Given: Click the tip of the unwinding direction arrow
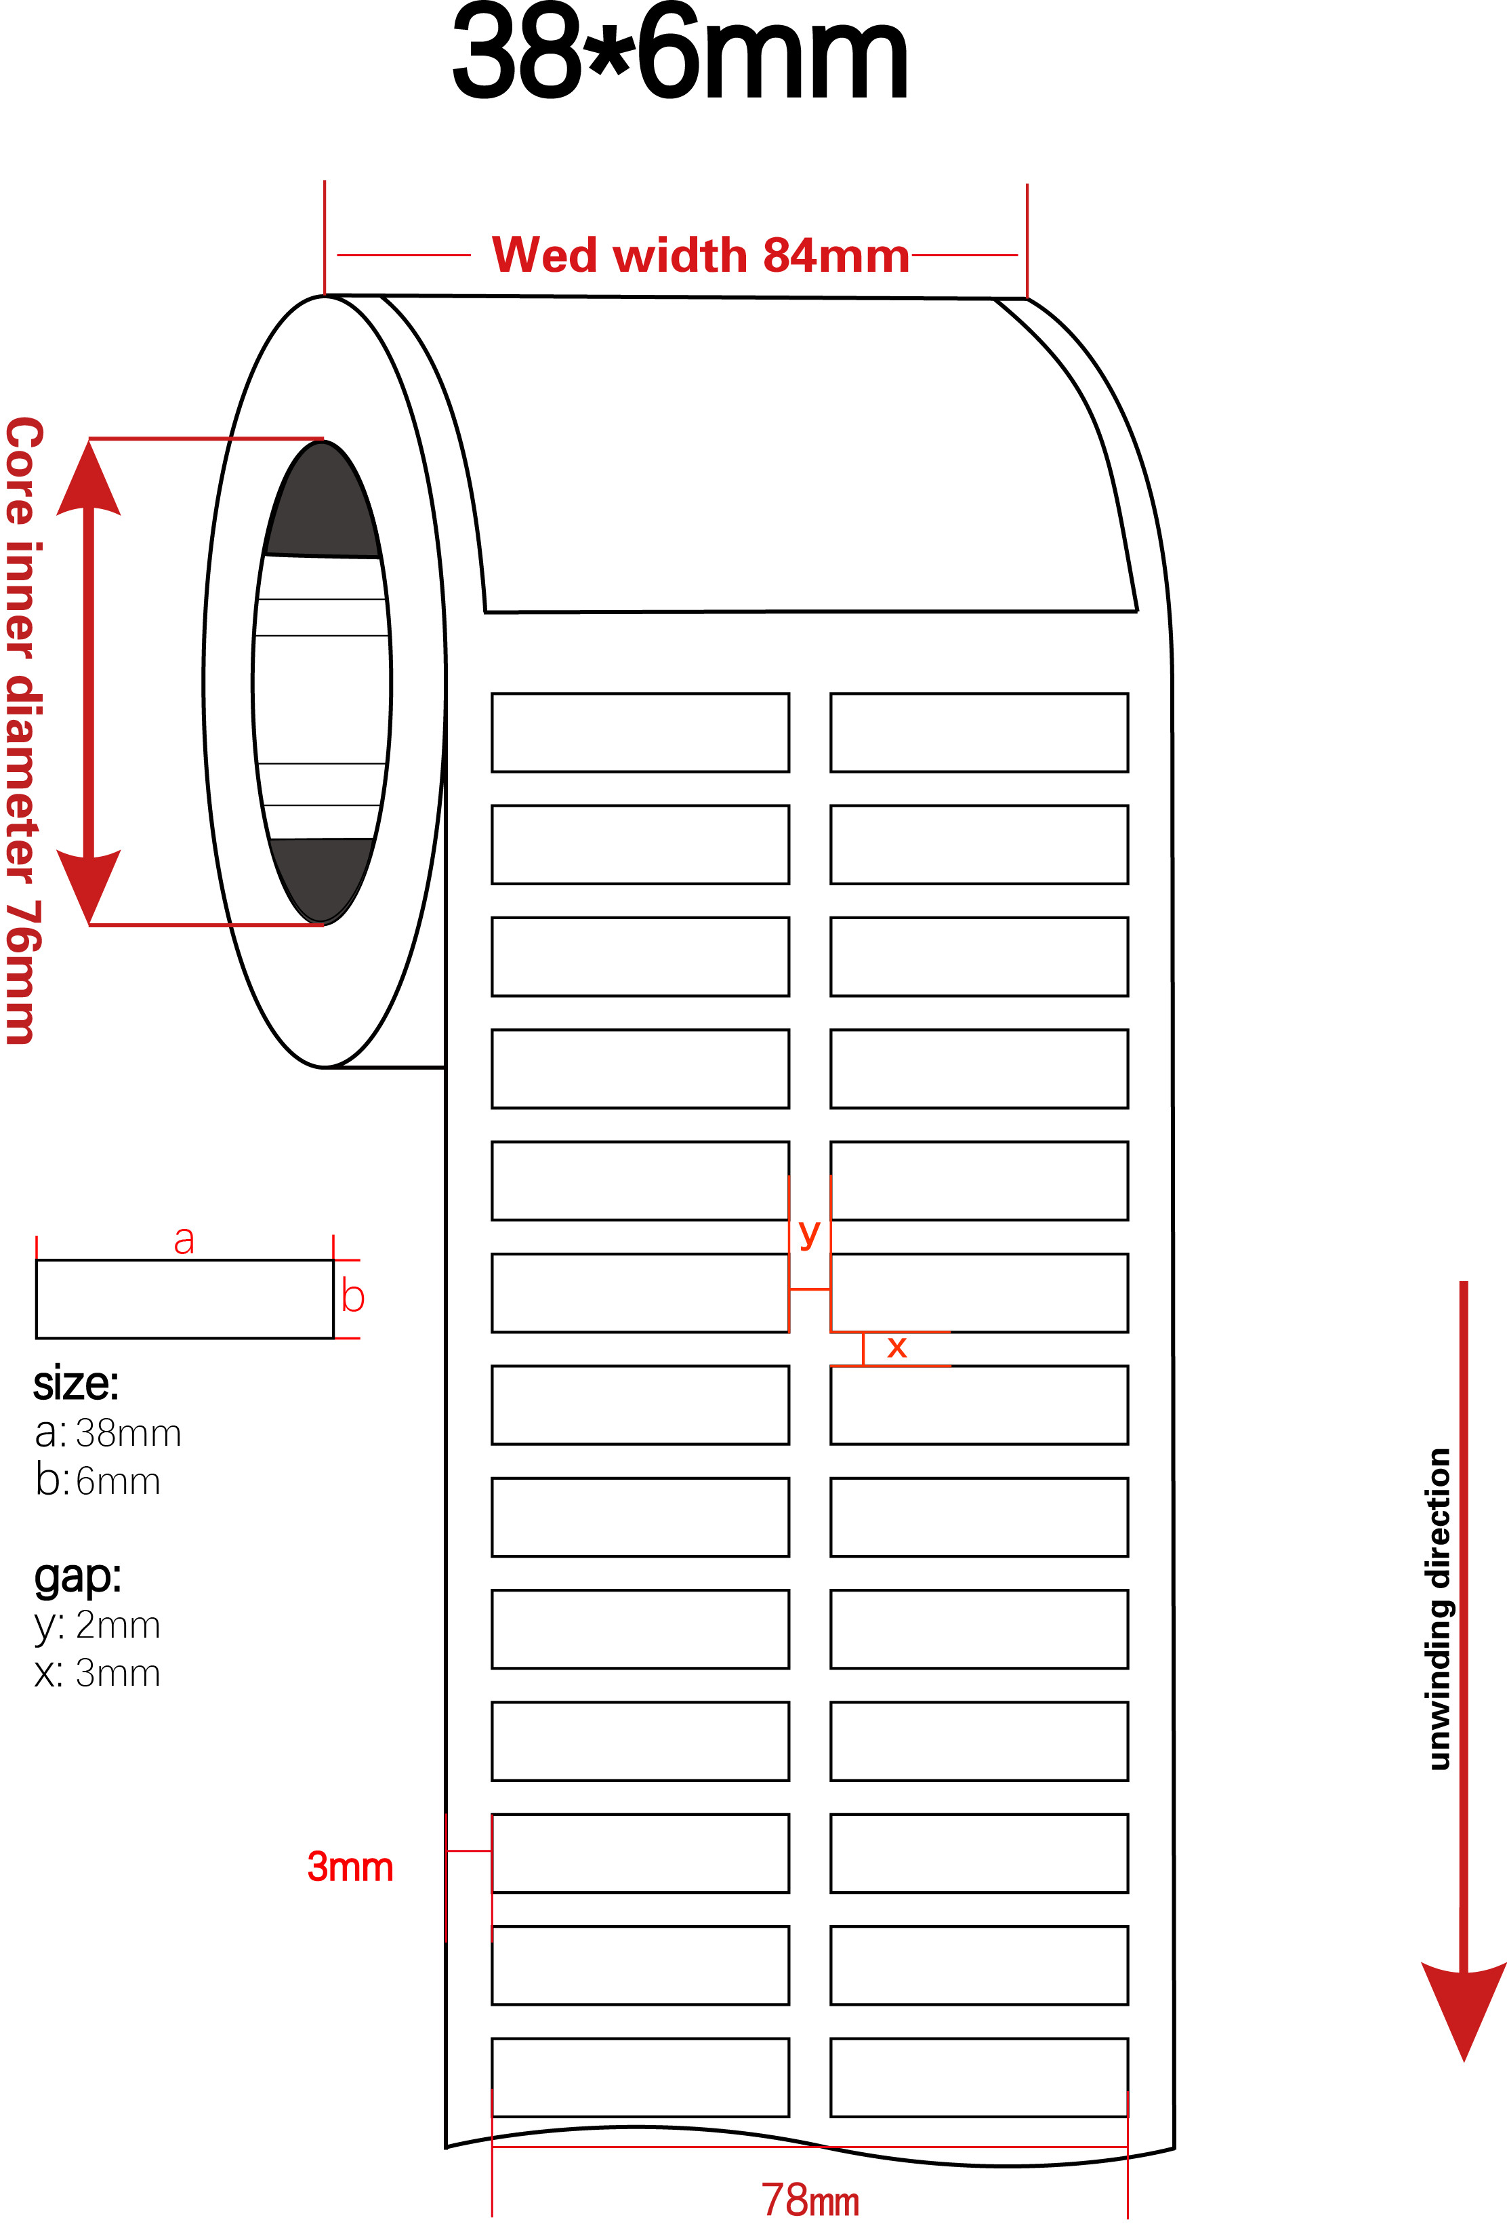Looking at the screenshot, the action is (1464, 2061).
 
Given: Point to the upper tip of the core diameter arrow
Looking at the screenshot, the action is (89, 440).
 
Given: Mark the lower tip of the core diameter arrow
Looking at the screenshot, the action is (89, 925).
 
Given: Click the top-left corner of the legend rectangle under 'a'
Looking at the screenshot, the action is (37, 1260).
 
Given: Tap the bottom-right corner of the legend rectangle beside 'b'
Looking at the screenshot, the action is (333, 1338).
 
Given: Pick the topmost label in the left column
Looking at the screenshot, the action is (640, 732).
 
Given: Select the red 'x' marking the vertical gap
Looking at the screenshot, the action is (896, 1348).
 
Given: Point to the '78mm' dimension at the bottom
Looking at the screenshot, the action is (810, 2200).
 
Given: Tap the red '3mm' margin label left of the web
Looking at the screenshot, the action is (350, 1866).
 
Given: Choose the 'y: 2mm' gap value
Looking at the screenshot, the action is (98, 1625).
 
